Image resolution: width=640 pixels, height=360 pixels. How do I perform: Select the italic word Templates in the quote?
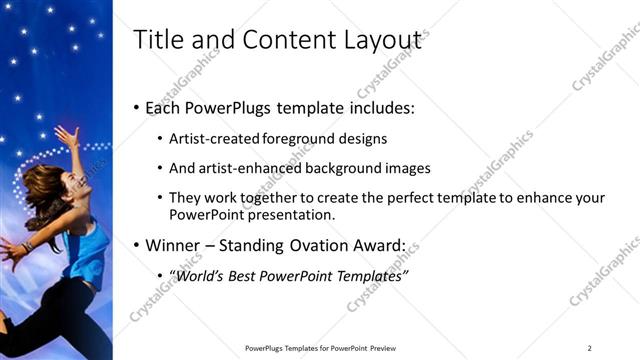[x=369, y=276]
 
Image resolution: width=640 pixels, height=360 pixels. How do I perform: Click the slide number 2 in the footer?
[x=589, y=348]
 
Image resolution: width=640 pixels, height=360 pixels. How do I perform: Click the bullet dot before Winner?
[x=137, y=245]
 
